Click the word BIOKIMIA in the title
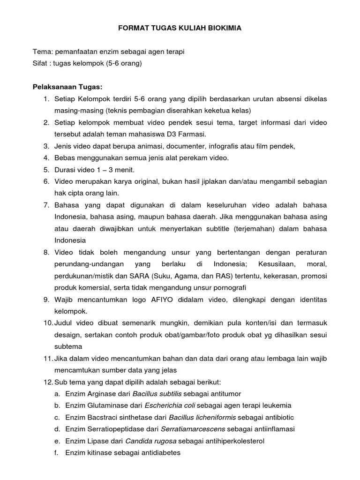[x=224, y=28]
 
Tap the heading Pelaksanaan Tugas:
[x=67, y=87]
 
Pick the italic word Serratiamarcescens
[x=193, y=429]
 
